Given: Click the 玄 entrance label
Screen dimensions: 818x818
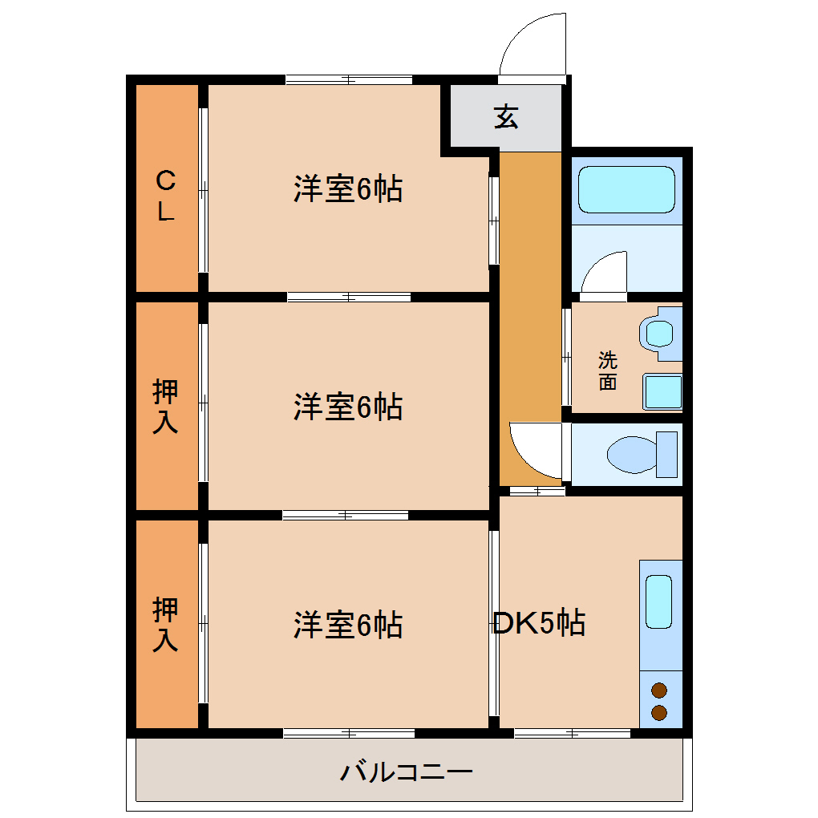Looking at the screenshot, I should [x=506, y=116].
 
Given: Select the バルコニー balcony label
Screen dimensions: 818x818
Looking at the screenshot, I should [x=407, y=772].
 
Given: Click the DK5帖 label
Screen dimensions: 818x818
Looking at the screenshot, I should [x=538, y=622].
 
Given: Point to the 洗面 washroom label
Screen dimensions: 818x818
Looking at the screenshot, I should [x=608, y=371].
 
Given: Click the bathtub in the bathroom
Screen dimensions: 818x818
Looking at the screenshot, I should [x=626, y=189].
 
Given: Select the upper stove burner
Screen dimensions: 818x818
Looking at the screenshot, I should [x=659, y=690].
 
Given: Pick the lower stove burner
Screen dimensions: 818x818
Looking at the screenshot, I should [x=659, y=711].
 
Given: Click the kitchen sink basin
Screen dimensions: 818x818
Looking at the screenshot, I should [x=658, y=601].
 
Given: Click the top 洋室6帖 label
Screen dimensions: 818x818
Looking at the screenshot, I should [x=347, y=189].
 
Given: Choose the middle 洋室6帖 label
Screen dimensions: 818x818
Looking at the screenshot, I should [x=347, y=407].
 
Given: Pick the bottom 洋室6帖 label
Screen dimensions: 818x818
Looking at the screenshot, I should [x=347, y=624].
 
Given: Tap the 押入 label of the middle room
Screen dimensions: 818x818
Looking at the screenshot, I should [x=165, y=407].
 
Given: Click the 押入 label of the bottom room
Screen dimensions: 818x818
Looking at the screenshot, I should [x=165, y=624].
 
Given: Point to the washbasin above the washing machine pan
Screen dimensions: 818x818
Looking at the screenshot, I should [x=660, y=331].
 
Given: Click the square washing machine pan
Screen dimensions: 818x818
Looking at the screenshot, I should [x=662, y=391].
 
